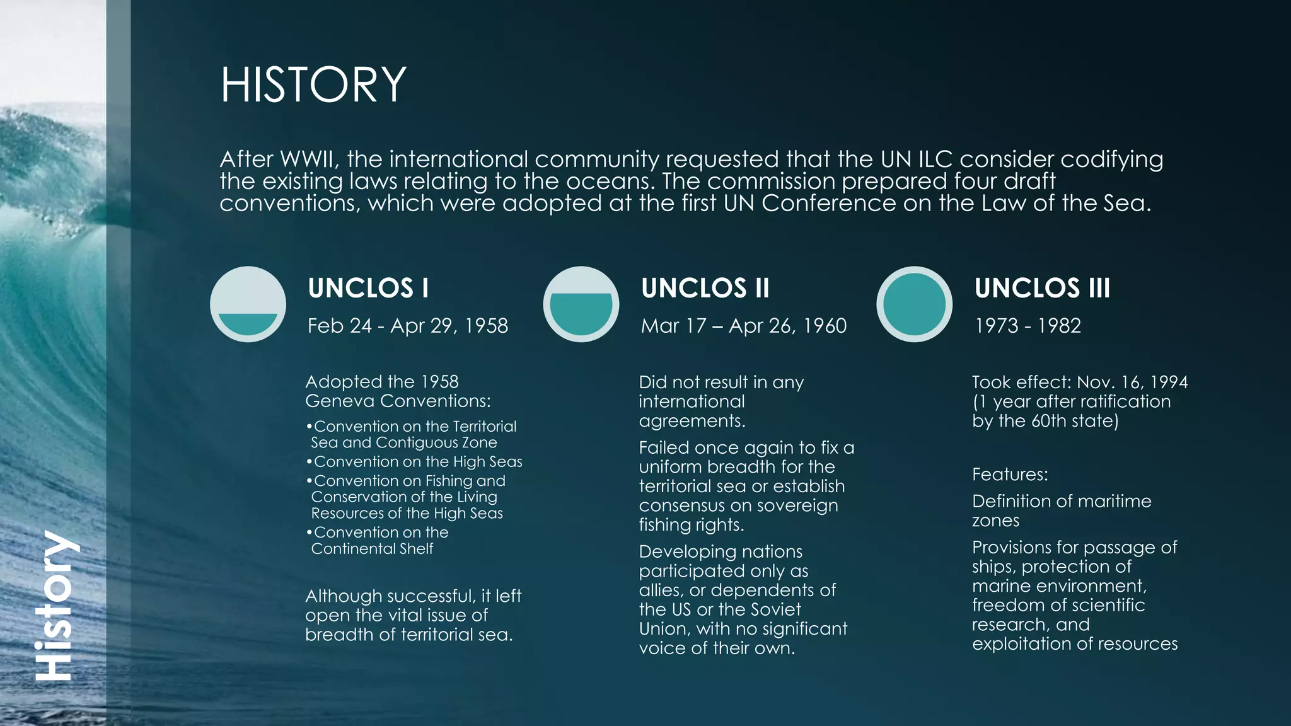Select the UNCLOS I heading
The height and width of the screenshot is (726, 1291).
[368, 288]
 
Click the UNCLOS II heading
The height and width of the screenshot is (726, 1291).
[705, 288]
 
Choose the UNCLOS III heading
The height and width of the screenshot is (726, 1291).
[1042, 288]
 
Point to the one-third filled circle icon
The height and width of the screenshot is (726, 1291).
[248, 304]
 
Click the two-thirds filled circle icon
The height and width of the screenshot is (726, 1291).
[581, 304]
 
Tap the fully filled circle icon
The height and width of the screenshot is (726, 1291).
[914, 304]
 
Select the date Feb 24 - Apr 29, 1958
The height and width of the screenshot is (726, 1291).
[407, 326]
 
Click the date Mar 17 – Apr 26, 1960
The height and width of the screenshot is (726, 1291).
[743, 326]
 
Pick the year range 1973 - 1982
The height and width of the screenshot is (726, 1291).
[1028, 326]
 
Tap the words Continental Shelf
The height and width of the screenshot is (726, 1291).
[372, 549]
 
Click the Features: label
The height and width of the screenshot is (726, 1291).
[1010, 475]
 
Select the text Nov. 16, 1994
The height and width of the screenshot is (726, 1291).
[1132, 383]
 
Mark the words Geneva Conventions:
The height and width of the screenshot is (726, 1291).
[398, 401]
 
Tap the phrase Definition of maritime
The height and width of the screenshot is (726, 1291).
[1062, 502]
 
